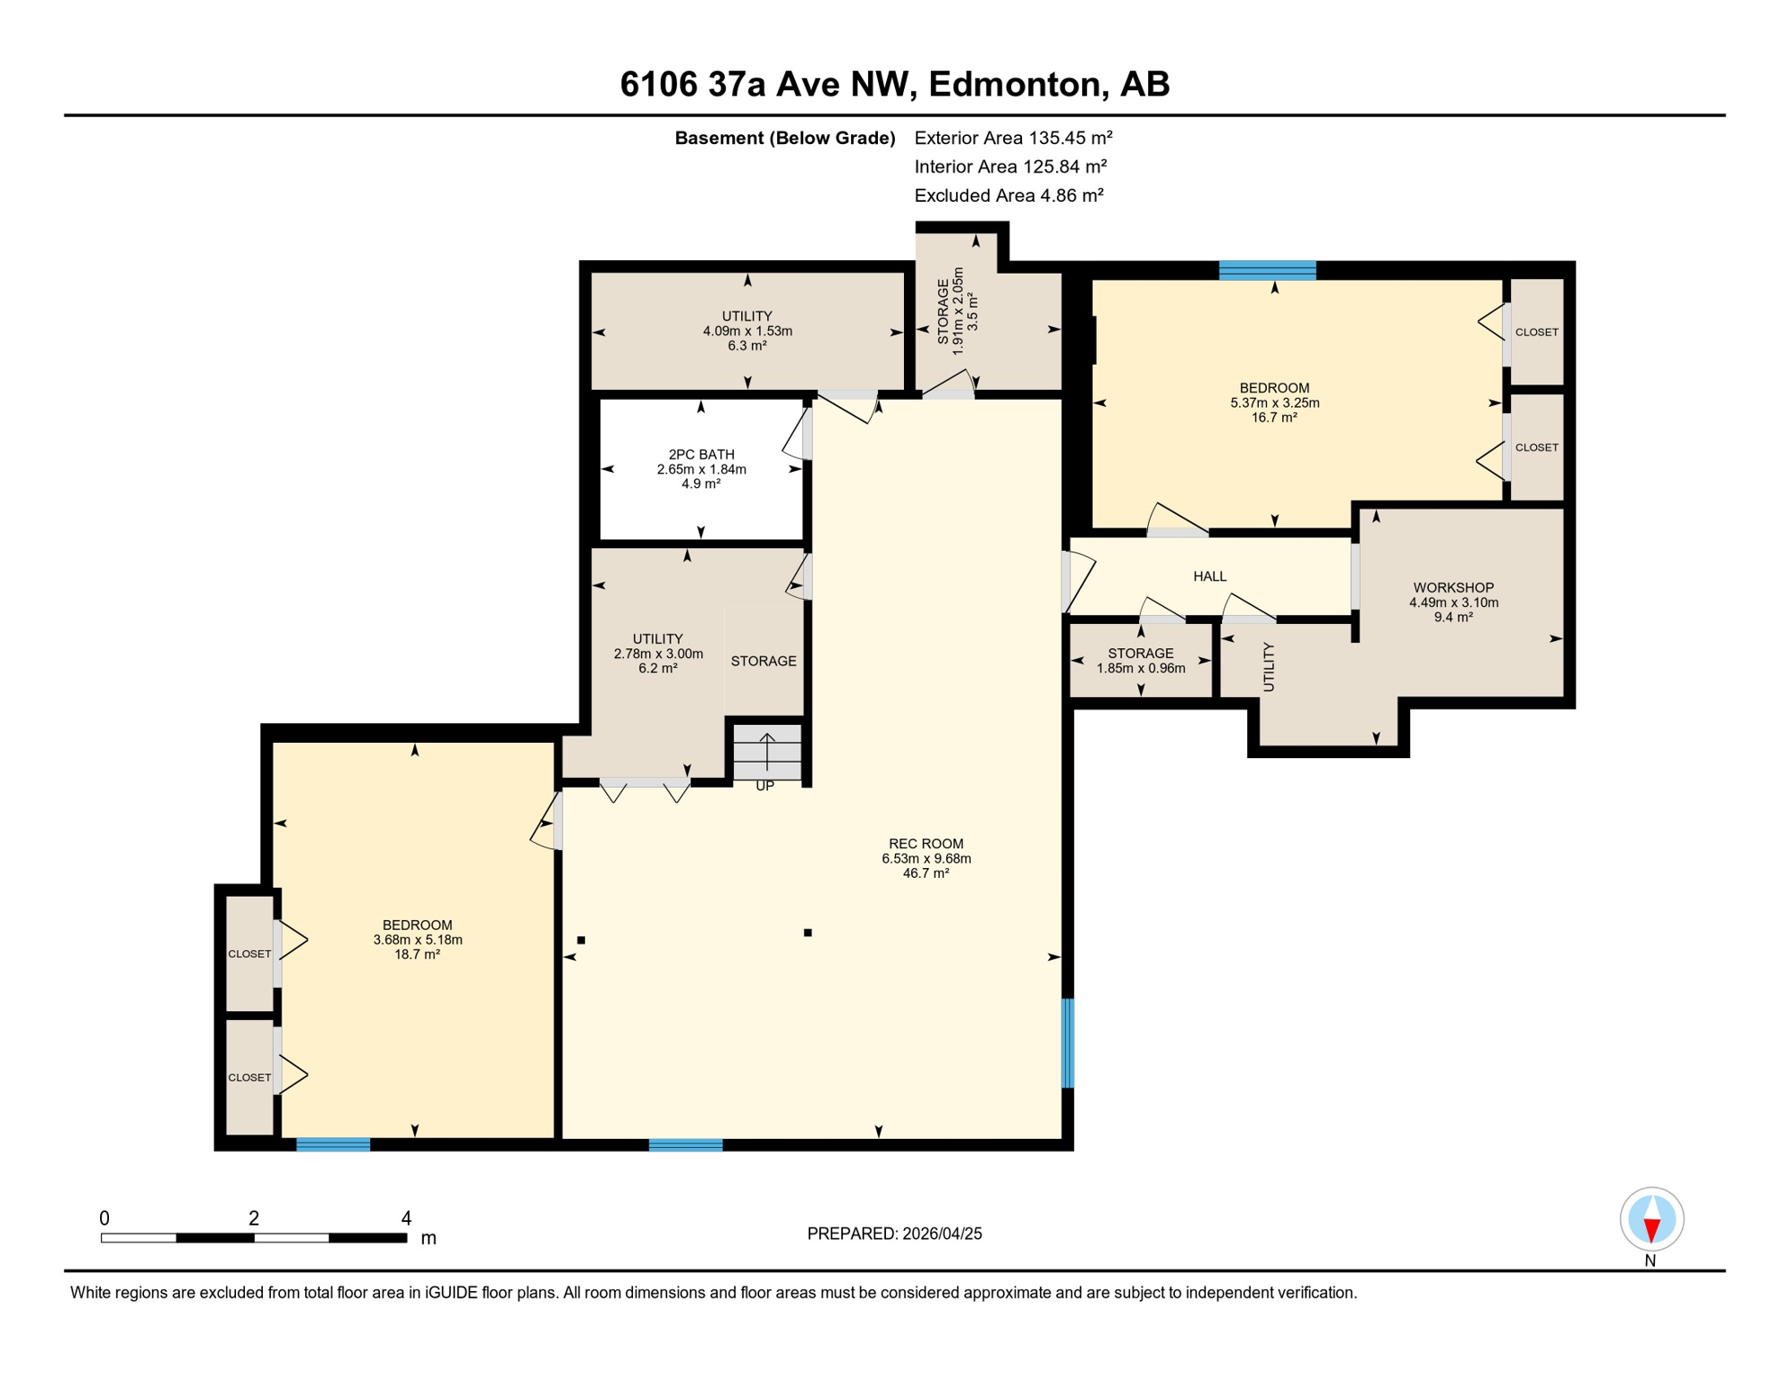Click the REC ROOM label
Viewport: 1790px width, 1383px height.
[926, 844]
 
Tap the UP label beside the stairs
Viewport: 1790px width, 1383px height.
[764, 786]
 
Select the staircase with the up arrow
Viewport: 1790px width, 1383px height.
[766, 752]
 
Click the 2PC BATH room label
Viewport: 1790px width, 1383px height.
[701, 455]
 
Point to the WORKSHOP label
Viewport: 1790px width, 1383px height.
[1453, 588]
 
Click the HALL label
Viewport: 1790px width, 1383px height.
[1209, 576]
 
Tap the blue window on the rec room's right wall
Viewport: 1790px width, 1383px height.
[1068, 1043]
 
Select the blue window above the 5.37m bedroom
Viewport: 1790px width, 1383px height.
[1267, 270]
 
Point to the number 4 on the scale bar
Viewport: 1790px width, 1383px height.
[406, 1218]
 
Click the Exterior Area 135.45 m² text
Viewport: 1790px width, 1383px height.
[1013, 138]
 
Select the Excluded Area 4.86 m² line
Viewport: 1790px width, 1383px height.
[1008, 195]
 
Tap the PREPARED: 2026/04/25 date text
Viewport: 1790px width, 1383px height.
[894, 1234]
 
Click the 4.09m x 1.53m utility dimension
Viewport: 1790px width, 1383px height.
[747, 331]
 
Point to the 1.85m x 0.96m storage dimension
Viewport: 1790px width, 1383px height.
[1141, 668]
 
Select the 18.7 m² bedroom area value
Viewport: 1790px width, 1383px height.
[417, 954]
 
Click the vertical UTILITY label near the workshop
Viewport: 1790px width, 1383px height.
[1269, 666]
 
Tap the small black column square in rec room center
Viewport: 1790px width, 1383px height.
[808, 933]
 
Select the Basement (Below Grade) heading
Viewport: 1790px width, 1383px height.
[784, 138]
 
